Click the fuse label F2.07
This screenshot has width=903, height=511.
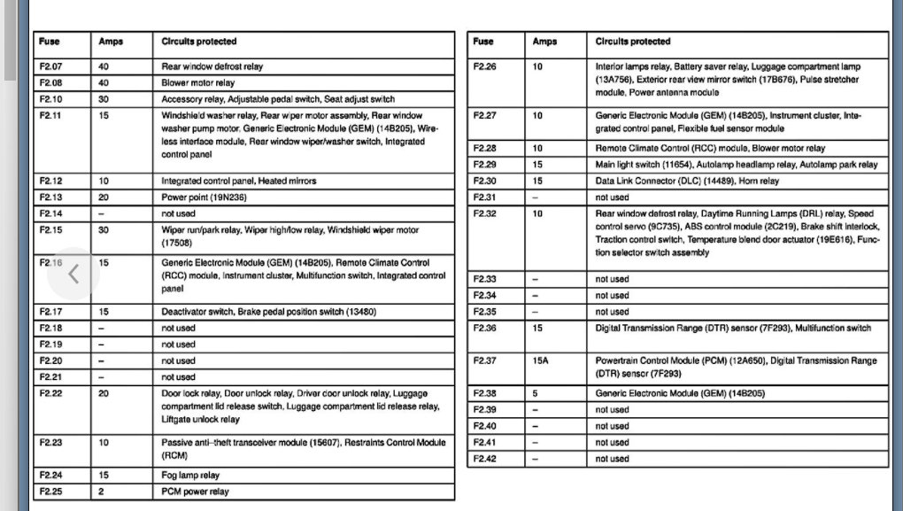click(50, 66)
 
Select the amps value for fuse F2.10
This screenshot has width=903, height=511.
click(103, 98)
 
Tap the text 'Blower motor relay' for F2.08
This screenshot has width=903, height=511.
click(197, 82)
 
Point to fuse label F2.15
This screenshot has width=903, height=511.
click(50, 230)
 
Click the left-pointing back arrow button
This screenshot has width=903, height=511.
click(73, 274)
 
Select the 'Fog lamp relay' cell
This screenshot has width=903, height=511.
click(190, 476)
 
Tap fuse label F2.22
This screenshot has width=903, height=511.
click(50, 393)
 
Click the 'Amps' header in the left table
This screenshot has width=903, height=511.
click(110, 42)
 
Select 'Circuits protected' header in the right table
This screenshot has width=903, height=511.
click(633, 42)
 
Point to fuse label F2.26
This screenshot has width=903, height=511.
click(484, 66)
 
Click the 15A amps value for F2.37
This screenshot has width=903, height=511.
click(542, 360)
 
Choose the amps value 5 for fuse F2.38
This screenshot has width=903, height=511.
click(535, 393)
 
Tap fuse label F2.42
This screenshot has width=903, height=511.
click(484, 459)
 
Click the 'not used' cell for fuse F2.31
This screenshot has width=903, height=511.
click(612, 197)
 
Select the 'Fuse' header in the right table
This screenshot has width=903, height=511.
click(483, 42)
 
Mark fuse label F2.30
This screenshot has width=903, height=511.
click(484, 181)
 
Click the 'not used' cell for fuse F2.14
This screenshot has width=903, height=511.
click(178, 213)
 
